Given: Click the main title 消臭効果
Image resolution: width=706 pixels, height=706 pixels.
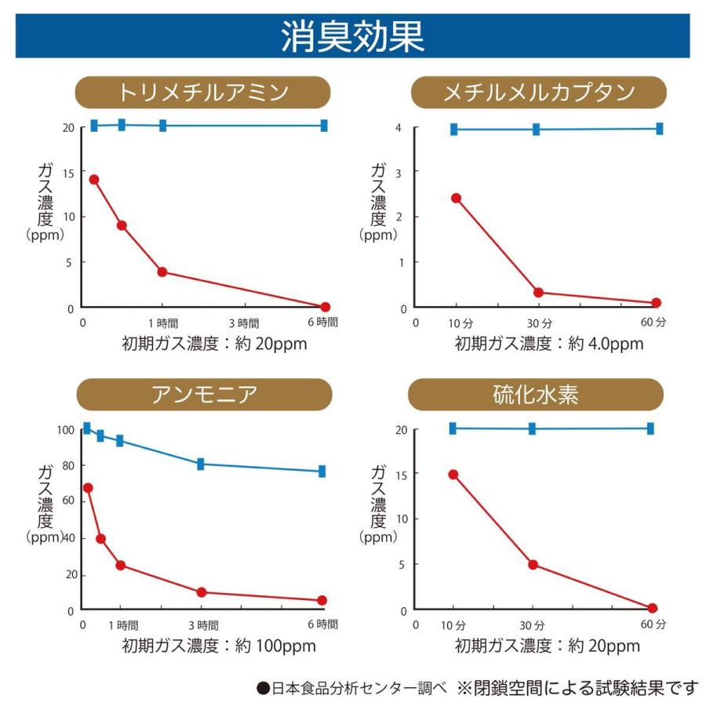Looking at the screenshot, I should click(x=352, y=36).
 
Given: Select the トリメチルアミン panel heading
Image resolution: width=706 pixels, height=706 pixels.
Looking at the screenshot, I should click(x=202, y=93).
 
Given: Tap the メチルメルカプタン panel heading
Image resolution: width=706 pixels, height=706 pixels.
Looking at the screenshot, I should click(x=538, y=93).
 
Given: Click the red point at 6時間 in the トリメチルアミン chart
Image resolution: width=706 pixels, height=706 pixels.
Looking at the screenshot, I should click(x=325, y=307).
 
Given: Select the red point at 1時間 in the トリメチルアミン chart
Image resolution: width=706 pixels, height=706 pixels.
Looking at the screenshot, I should click(x=162, y=271).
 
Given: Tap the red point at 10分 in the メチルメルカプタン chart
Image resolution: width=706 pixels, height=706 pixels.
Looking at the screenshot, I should click(x=456, y=198).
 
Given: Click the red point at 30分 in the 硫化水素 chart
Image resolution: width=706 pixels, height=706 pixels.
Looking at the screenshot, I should click(x=533, y=564).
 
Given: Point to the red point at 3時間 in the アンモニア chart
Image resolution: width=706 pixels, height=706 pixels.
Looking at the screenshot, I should click(x=202, y=592).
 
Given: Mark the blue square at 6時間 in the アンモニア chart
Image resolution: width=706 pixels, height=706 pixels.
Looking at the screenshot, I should click(x=322, y=471).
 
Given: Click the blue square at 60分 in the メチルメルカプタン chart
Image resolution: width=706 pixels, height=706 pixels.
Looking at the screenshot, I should click(x=659, y=129).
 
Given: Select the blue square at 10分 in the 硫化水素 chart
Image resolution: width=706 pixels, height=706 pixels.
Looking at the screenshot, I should click(x=453, y=428).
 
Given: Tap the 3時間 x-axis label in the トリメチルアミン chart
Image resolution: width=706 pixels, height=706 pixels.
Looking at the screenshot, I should click(x=244, y=322).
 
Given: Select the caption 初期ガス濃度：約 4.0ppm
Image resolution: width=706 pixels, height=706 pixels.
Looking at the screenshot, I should click(x=549, y=344).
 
